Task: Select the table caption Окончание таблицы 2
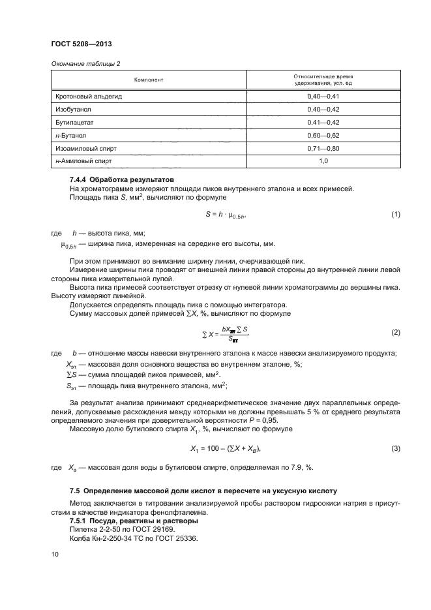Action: coord(82,63)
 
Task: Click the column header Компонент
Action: coord(148,80)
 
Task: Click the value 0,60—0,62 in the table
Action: coord(323,135)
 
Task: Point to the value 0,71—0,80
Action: coord(323,147)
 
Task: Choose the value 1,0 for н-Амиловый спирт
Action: coord(323,160)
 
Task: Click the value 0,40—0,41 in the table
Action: coord(323,97)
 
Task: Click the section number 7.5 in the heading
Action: coord(75,490)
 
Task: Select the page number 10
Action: coord(55,554)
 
